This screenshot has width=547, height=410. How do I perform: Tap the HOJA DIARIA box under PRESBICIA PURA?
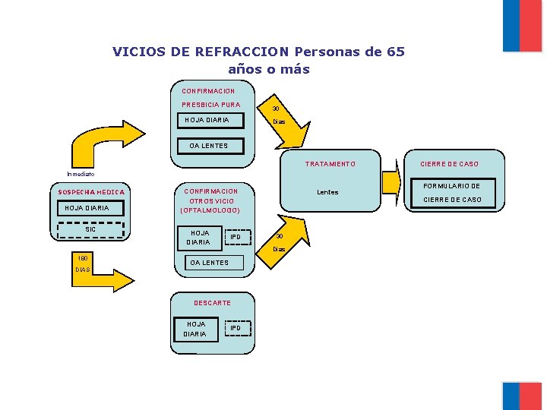click(212, 120)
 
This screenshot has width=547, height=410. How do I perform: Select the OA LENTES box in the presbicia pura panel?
click(207, 146)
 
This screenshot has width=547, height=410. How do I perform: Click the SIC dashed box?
click(90, 229)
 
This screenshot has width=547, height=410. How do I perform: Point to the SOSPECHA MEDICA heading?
click(92, 192)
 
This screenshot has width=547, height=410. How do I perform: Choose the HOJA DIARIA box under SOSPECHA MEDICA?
click(87, 208)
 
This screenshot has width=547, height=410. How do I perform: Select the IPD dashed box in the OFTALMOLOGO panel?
click(236, 238)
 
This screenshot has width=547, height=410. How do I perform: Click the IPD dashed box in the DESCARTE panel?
click(236, 328)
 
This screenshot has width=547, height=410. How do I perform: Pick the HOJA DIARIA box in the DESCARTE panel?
click(195, 329)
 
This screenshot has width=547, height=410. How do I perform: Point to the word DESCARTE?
click(212, 303)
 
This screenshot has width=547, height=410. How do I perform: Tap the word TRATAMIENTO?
click(330, 164)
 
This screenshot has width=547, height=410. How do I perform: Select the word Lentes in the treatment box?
click(327, 192)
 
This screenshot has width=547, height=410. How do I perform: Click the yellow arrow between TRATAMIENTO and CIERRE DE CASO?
click(392, 182)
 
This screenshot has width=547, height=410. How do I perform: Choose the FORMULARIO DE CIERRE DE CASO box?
click(452, 193)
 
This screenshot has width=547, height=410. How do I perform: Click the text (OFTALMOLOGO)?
click(210, 210)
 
